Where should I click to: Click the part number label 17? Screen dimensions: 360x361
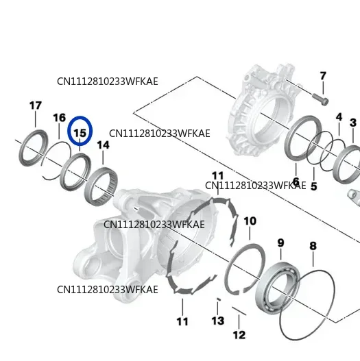(36, 105)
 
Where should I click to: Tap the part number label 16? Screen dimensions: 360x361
(60, 118)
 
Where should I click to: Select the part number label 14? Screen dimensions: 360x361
(103, 145)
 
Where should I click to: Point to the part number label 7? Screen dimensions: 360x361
(323, 76)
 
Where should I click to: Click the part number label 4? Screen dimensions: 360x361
(339, 117)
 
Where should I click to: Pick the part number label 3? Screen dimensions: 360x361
(353, 123)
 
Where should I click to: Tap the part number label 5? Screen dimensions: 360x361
(313, 186)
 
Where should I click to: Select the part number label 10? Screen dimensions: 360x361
(250, 221)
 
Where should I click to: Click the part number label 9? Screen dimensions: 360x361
(280, 243)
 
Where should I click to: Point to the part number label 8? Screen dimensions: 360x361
(313, 246)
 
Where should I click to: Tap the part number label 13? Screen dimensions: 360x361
(218, 321)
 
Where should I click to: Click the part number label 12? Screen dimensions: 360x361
(239, 335)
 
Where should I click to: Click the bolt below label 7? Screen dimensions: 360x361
(320, 99)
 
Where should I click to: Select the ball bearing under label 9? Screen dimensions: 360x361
(278, 288)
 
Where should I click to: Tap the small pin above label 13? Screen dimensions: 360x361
(219, 299)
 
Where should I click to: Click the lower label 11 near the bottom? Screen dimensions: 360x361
(182, 322)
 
